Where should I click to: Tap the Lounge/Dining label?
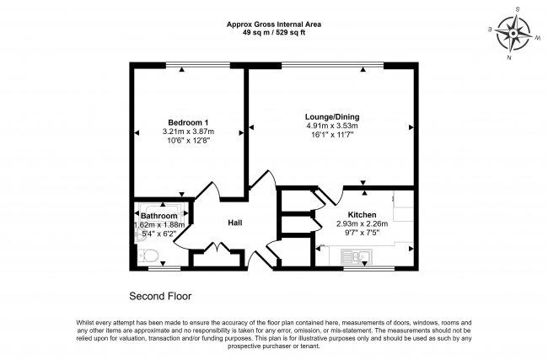point(330,116)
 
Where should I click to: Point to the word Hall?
point(236,223)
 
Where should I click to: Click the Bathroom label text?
point(159,216)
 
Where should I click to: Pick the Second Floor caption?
point(160,296)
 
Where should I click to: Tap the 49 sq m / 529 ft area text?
point(274,31)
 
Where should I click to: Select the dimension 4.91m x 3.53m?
point(330,126)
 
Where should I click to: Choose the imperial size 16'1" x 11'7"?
point(330,136)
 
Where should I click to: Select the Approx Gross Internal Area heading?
point(274,23)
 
